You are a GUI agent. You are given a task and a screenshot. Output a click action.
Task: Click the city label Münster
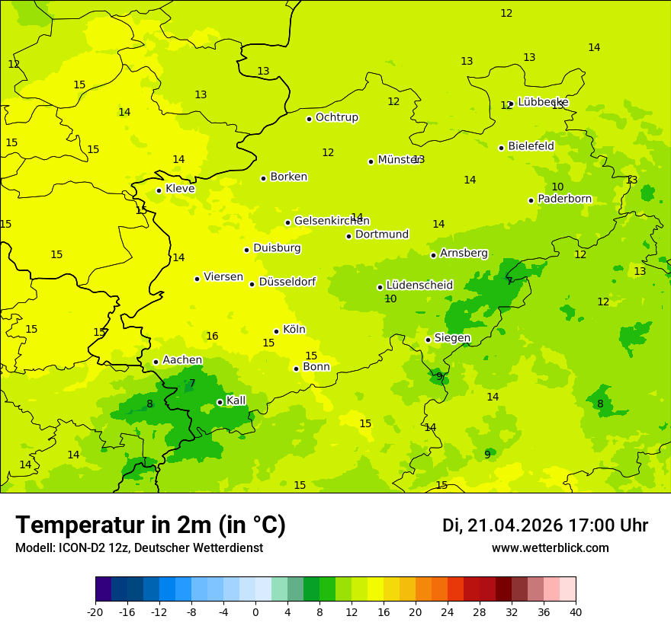399,160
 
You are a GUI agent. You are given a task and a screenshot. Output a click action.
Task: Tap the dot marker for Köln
276,331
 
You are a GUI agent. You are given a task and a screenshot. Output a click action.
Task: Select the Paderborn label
564,199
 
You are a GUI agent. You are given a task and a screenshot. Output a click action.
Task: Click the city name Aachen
182,360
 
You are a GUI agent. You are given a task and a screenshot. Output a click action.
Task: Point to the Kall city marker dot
220,402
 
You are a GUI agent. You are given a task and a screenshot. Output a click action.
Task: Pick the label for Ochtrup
336,117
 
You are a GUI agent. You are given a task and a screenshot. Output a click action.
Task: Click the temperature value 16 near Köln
212,336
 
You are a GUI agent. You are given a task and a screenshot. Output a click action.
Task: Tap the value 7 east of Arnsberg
509,281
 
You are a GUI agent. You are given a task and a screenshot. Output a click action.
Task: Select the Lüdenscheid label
419,286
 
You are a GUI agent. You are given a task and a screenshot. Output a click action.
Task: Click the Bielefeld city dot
501,148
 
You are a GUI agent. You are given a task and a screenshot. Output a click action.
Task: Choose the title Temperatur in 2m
150,525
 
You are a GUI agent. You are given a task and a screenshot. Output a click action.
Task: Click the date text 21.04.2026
515,525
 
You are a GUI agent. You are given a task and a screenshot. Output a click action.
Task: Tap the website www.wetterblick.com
550,548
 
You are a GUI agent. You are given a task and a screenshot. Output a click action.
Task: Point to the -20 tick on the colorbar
95,611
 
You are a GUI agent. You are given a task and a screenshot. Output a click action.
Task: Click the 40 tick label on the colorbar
575,611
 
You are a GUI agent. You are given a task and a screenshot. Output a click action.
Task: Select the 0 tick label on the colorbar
255,611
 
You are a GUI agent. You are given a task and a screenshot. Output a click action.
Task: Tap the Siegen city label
452,338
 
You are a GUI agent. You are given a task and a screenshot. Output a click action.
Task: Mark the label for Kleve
180,189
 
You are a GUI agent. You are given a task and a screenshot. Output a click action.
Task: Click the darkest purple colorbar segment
103,589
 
